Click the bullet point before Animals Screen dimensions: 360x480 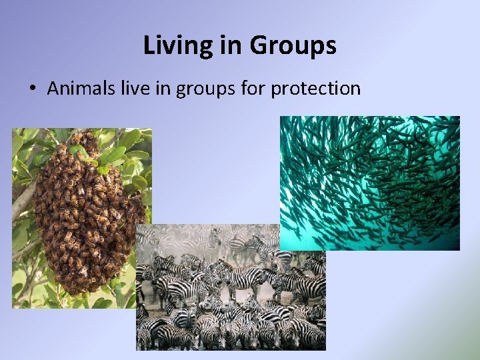point(31,89)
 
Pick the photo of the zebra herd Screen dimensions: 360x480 point(231,293)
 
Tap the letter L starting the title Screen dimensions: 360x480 point(149,45)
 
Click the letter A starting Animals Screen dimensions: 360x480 point(53,88)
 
